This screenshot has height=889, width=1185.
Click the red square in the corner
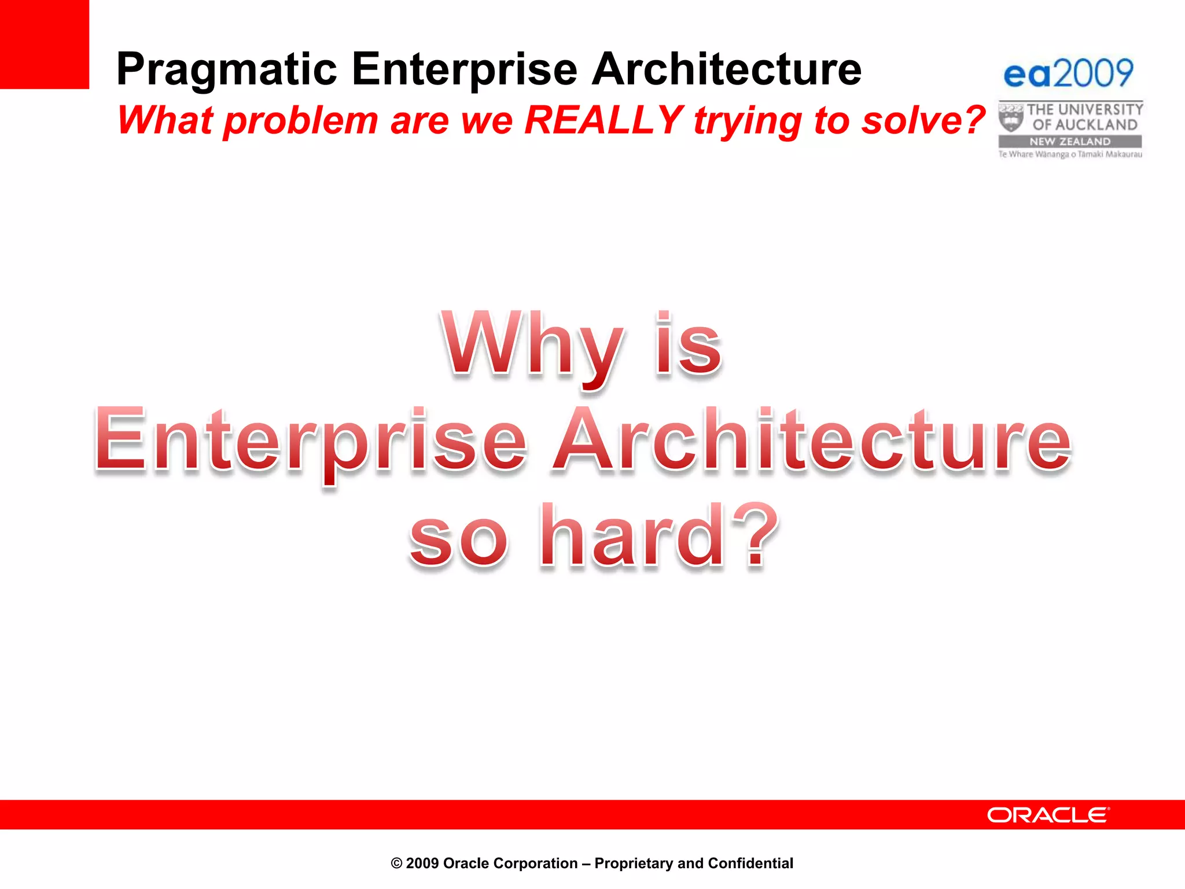(x=44, y=44)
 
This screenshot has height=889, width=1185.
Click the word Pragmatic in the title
(x=226, y=69)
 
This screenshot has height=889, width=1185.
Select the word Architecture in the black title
(x=727, y=69)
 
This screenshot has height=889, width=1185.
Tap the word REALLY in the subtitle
(x=604, y=120)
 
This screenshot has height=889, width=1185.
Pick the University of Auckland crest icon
(x=1011, y=117)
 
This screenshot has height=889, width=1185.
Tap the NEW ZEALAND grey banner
(x=1070, y=142)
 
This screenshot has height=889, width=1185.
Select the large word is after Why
(x=689, y=345)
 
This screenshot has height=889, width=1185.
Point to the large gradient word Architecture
(x=811, y=440)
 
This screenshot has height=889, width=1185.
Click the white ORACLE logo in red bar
(x=1048, y=815)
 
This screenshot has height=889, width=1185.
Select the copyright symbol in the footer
(x=396, y=864)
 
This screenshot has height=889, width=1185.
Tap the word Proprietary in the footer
(x=634, y=864)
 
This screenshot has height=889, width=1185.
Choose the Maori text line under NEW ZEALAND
(x=1070, y=155)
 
